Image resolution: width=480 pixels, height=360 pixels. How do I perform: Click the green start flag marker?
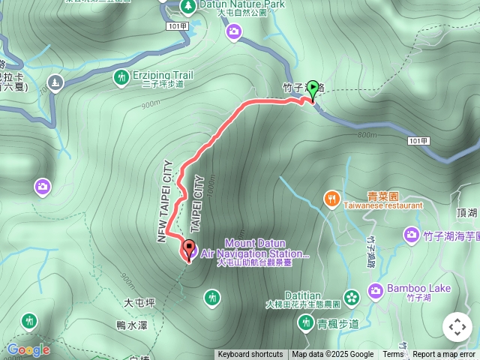click(x=313, y=89)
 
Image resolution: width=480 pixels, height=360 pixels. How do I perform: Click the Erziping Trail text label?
click(x=163, y=75)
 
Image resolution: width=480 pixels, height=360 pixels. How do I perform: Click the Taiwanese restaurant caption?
click(x=383, y=205)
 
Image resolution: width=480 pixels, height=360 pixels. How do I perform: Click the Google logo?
click(x=28, y=349)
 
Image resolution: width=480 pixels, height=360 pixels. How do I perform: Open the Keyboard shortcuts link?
click(x=250, y=355)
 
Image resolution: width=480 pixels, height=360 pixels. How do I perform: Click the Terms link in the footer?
click(x=393, y=355)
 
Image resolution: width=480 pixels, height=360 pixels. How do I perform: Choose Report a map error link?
click(x=444, y=355)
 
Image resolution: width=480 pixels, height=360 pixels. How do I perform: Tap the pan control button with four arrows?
click(x=457, y=327)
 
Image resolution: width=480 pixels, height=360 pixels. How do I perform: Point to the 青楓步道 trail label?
click(x=338, y=324)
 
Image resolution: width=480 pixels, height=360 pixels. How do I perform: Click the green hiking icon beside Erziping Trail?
click(x=121, y=76)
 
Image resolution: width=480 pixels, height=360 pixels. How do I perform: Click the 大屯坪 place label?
click(x=139, y=303)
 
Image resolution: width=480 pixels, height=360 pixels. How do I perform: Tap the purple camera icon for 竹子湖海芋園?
click(x=411, y=235)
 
